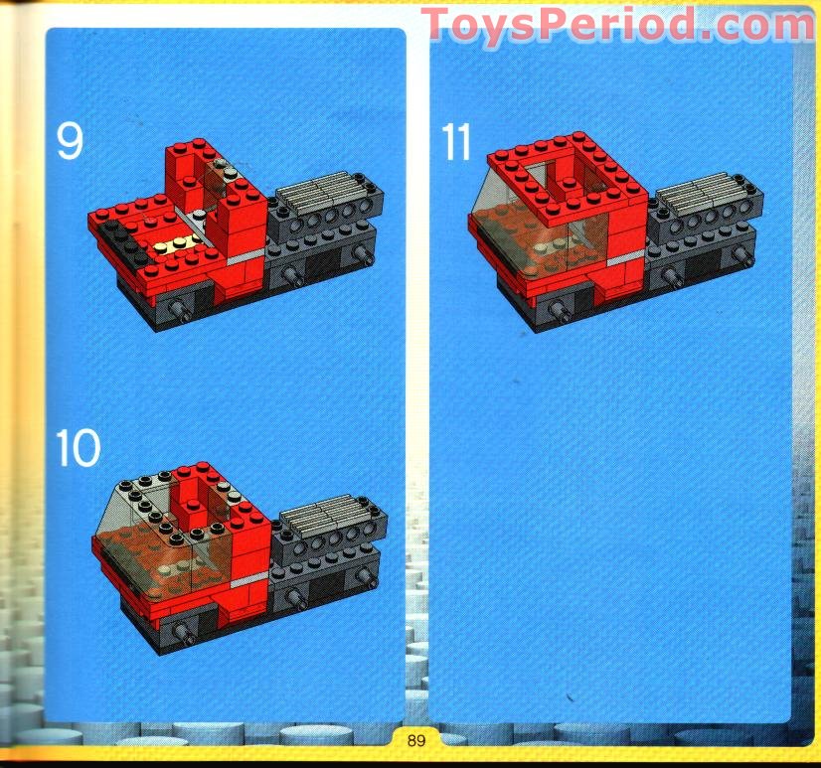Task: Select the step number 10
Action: pos(78,448)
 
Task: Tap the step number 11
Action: pos(456,142)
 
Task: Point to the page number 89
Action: pos(415,739)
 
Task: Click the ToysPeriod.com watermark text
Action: pos(616,24)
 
